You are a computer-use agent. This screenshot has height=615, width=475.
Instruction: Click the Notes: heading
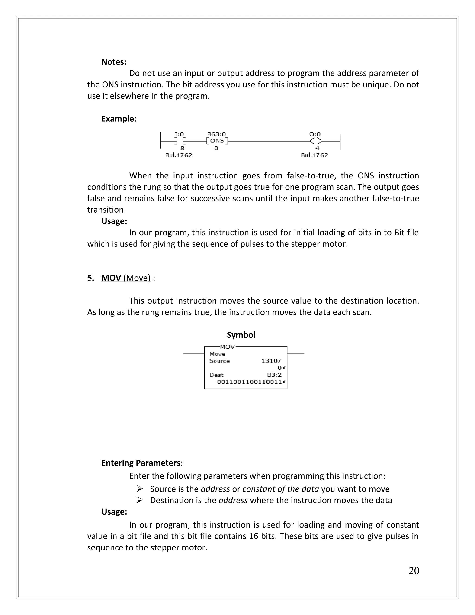[x=114, y=62]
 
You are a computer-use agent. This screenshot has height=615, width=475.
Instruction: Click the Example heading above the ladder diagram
[x=118, y=119]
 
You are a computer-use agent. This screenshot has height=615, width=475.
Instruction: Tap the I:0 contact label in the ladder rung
[x=179, y=134]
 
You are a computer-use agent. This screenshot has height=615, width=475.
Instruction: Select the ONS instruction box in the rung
[x=217, y=141]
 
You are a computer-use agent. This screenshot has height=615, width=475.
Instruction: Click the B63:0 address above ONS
[x=216, y=134]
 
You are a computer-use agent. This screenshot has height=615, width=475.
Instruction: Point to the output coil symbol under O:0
[x=315, y=141]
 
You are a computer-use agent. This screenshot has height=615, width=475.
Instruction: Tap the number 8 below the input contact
[x=182, y=148]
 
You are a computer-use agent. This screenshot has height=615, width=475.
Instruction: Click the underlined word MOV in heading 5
[x=111, y=278]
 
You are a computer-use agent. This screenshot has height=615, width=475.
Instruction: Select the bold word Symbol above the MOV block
[x=241, y=335]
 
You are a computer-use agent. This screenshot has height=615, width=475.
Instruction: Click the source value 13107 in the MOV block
[x=271, y=361]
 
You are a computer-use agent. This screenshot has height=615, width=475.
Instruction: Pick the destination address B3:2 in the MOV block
[x=274, y=375]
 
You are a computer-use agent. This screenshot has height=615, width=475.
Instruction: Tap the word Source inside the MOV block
[x=219, y=361]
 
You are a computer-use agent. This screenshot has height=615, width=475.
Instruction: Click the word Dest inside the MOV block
[x=216, y=375]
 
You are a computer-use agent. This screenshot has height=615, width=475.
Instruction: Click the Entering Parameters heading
[x=141, y=463]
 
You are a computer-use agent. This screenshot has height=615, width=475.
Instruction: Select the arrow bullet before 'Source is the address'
[x=140, y=488]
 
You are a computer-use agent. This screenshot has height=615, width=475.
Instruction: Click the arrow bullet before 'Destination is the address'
[x=140, y=500]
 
